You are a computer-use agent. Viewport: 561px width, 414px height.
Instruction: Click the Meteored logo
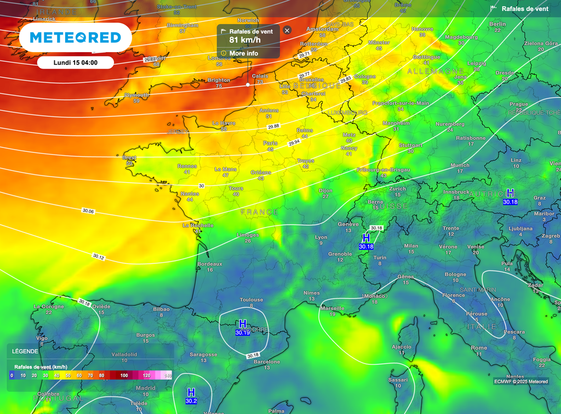[x=75, y=37]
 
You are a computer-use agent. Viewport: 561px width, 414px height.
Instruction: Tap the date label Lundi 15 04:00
[x=76, y=62]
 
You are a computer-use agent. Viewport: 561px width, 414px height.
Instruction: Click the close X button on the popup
[x=287, y=31]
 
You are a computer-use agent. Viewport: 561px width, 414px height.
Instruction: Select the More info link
[x=243, y=53]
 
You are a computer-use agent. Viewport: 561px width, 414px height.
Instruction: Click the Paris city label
[x=270, y=143]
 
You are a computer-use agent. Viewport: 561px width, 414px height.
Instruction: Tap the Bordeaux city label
[x=210, y=264]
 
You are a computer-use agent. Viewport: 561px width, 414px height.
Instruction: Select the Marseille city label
[x=333, y=308]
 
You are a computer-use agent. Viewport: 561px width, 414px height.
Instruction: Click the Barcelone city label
[x=267, y=362]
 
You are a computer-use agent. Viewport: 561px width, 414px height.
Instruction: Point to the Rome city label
[x=479, y=348]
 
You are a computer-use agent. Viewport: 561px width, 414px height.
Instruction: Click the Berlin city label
[x=497, y=24]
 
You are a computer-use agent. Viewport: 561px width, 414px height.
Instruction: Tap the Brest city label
[x=129, y=157]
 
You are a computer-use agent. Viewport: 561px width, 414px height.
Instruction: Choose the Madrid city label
[x=146, y=388]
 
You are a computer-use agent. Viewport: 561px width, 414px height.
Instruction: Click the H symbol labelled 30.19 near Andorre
[x=242, y=324]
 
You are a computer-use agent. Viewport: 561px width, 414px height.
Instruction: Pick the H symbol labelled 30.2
[x=191, y=393]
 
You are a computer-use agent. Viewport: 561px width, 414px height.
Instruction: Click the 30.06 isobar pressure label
[x=88, y=211]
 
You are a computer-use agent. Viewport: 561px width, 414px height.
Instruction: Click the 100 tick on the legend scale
[x=124, y=376]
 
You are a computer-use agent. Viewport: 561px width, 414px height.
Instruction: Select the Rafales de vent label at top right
[x=524, y=9]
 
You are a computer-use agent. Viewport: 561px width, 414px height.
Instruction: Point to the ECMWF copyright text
[x=520, y=382]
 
